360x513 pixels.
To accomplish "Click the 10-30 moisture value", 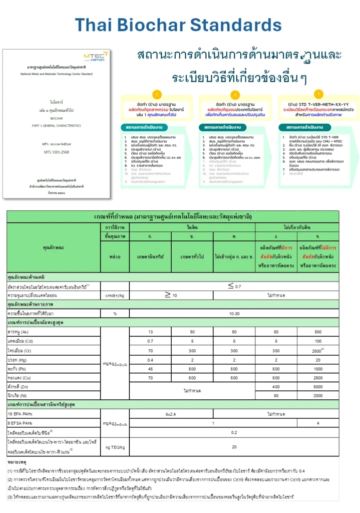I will [x=234, y=314].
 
